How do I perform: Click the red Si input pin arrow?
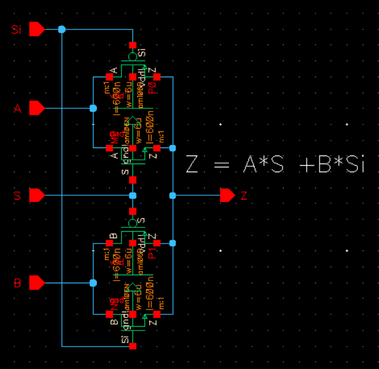36,29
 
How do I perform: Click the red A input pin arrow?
36,108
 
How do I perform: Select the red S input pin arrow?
36,195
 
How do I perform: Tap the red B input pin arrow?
36,282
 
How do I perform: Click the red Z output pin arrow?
227,195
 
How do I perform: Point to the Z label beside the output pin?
244,196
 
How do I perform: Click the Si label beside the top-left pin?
16,29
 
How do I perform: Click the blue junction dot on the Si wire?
62,29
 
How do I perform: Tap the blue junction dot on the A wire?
93,108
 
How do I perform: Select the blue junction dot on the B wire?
93,282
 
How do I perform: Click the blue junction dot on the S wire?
133,195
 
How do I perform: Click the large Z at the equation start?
192,164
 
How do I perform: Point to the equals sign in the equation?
221,165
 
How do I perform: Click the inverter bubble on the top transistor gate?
133,56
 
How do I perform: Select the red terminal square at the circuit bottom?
133,346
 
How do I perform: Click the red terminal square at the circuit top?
133,45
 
